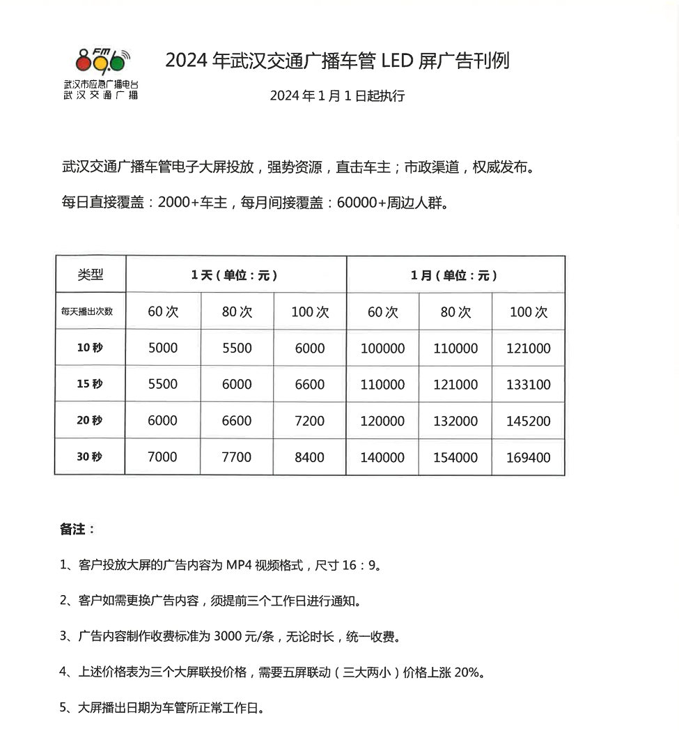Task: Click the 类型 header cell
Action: tap(91, 275)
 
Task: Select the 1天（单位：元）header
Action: tap(235, 275)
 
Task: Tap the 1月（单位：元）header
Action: tap(455, 275)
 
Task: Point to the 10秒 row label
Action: tap(90, 348)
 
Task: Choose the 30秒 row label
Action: tap(90, 457)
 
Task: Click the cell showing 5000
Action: tap(163, 348)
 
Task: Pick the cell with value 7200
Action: tap(309, 421)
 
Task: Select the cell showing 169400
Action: tap(529, 458)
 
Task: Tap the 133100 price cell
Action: tap(529, 385)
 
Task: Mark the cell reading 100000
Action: tap(382, 348)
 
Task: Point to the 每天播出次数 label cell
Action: tap(87, 311)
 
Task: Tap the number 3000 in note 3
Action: tap(228, 637)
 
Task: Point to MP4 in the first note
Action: tap(238, 565)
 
